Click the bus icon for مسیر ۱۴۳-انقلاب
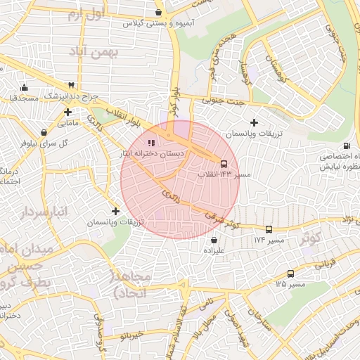pos(224,163)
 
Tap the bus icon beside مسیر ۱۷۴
pos(269,230)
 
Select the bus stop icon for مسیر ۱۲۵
pos(290,274)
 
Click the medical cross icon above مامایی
pos(67,112)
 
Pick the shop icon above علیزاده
pos(214,240)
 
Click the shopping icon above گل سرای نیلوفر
pos(44,131)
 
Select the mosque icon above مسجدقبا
pos(25,88)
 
